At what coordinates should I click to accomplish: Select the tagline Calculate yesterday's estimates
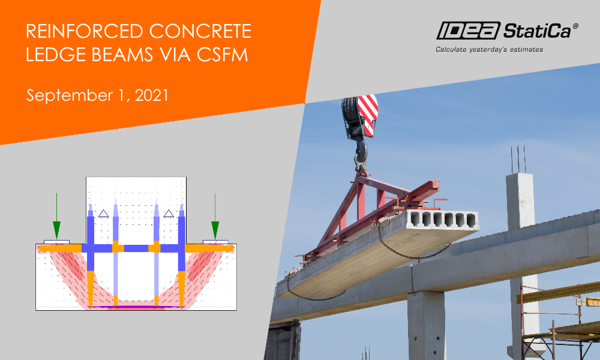[x=489, y=49]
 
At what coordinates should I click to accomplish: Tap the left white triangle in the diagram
[x=103, y=213]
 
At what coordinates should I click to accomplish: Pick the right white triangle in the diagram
[x=169, y=213]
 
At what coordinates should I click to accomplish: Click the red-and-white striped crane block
[x=367, y=114]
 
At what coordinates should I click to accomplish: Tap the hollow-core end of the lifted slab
[x=443, y=220]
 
